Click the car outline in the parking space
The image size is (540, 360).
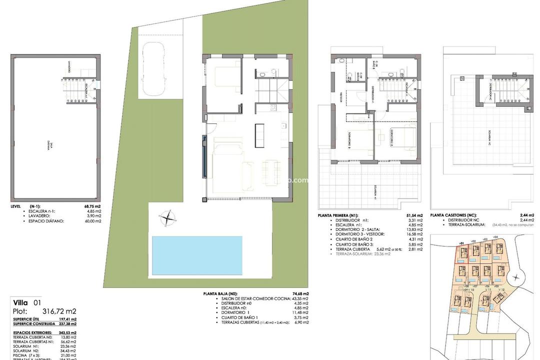(x=154, y=68)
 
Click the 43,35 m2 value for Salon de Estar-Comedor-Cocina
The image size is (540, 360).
(x=299, y=298)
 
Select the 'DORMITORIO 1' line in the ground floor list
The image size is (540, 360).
(x=235, y=313)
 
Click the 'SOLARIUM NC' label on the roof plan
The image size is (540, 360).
(x=489, y=137)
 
